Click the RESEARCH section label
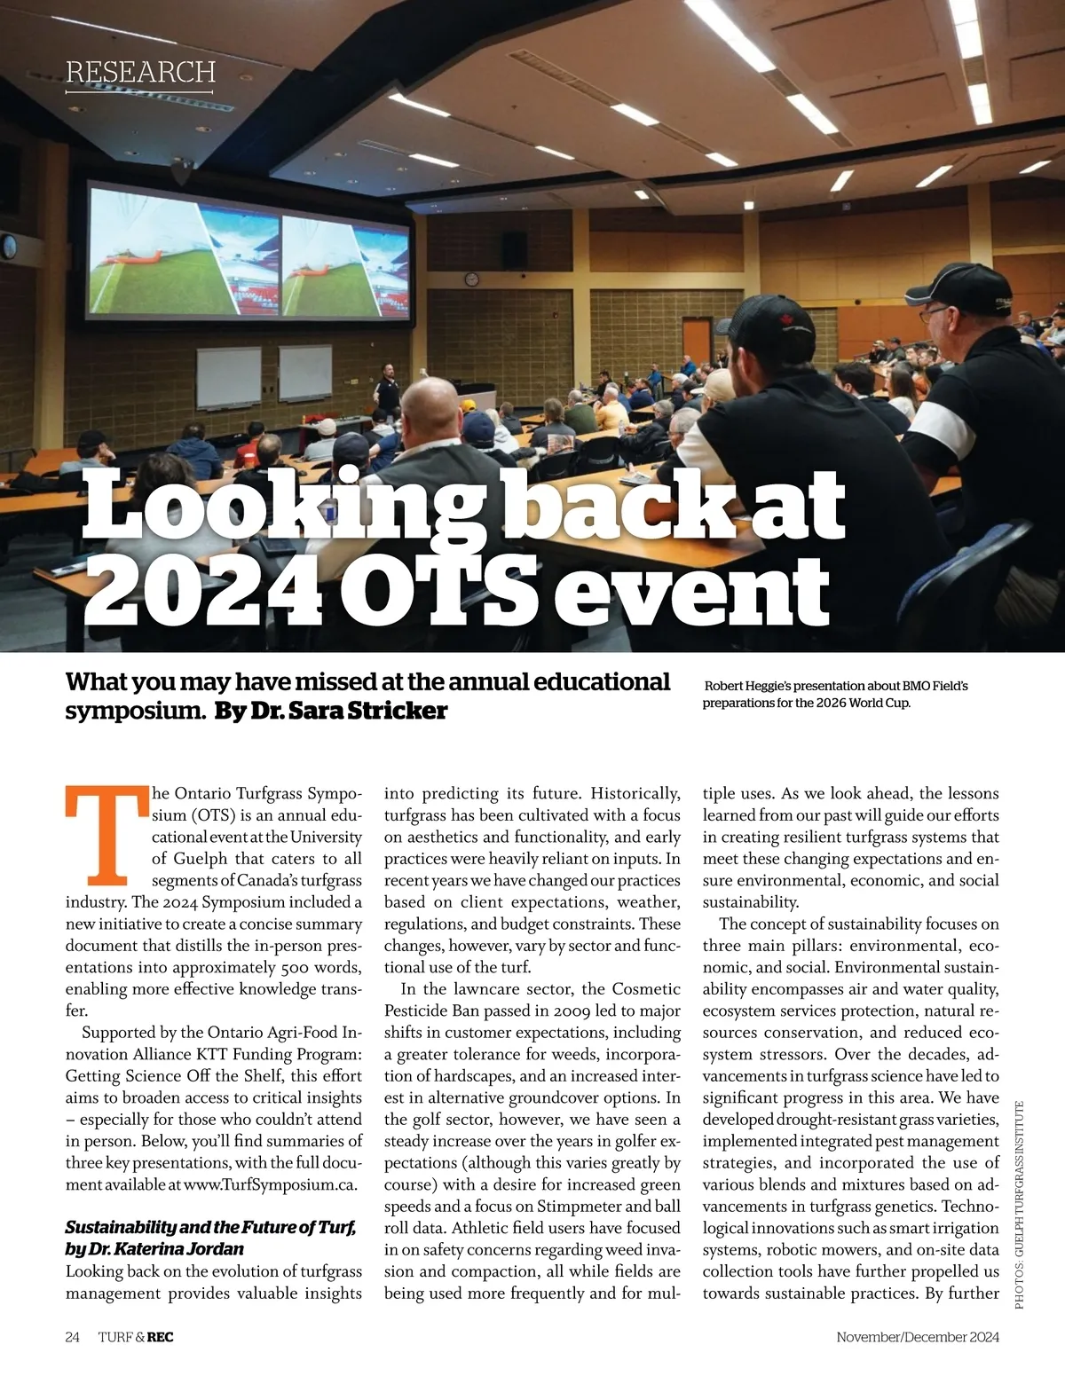tap(140, 72)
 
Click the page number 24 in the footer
tap(73, 1337)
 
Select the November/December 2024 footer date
tap(918, 1337)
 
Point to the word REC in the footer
tap(161, 1337)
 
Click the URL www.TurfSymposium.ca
tap(271, 1184)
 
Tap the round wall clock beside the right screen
tap(470, 279)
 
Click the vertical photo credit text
tap(1020, 1203)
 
